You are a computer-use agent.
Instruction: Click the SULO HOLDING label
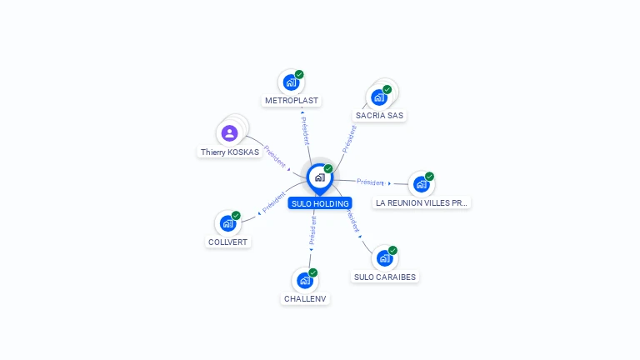coord(320,203)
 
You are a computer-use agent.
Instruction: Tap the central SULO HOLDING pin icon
coord(319,177)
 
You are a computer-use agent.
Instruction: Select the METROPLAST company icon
coord(290,82)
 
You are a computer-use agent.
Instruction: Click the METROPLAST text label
coord(291,101)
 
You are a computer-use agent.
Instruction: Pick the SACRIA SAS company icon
coord(379,97)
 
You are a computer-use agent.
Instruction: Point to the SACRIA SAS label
coord(380,116)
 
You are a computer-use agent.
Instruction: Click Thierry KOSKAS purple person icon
coord(229,132)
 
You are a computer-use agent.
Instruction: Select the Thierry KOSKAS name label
coord(229,152)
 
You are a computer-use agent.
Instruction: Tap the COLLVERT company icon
coord(227,223)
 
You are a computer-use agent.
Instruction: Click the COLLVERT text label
coord(227,242)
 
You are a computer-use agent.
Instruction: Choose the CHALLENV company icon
coord(305,280)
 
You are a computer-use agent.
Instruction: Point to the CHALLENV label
coord(305,299)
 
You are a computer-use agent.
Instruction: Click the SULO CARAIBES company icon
coord(384,257)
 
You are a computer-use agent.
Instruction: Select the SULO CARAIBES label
coord(385,277)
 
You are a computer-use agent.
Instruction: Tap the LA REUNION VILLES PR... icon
coord(421,184)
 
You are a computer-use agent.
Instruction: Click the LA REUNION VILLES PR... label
coord(422,202)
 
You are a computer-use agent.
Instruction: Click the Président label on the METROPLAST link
coord(305,127)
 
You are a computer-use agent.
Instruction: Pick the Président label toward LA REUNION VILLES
coord(370,182)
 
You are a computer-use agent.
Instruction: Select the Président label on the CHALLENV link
coord(312,230)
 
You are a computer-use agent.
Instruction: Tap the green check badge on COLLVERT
coord(236,216)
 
